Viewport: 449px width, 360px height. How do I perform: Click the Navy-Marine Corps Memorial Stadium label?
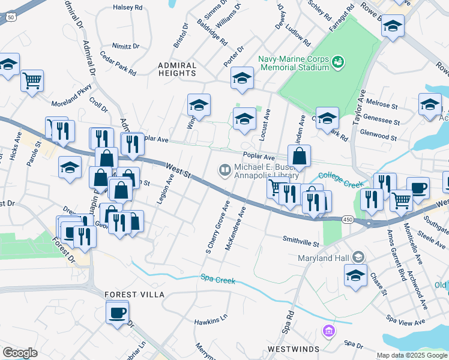tap(294, 63)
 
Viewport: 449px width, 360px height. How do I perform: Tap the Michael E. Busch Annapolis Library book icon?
tap(225, 171)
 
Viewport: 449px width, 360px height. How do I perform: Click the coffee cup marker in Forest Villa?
tap(117, 312)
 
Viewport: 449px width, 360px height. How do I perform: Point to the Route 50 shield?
tap(10, 18)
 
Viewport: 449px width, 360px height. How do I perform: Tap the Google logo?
tap(19, 353)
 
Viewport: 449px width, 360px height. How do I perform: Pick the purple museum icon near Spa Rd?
tap(328, 331)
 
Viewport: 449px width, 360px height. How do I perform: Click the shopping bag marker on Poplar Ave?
tap(299, 157)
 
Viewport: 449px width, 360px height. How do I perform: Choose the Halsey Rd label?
tap(127, 8)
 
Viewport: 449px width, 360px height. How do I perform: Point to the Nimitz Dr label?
tap(125, 46)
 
